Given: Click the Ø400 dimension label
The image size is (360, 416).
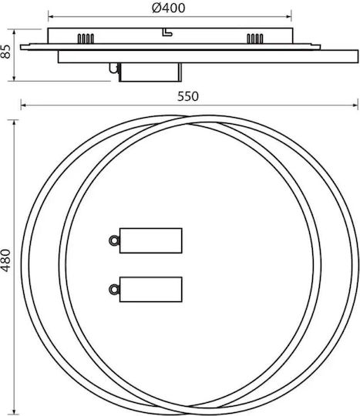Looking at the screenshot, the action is click(x=168, y=8).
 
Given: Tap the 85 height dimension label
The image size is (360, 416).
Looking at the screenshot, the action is click(x=5, y=52).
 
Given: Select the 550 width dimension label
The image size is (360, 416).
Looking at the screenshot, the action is click(x=187, y=96).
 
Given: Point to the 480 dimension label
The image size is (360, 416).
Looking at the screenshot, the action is click(x=5, y=260).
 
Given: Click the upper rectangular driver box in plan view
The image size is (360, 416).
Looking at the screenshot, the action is click(x=151, y=240).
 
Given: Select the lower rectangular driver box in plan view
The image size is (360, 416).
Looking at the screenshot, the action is click(x=151, y=290).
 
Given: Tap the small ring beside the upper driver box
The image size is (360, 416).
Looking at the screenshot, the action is click(x=114, y=241).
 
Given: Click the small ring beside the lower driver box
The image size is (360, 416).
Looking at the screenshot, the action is click(x=114, y=289).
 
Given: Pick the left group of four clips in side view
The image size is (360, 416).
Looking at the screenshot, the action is click(x=86, y=39).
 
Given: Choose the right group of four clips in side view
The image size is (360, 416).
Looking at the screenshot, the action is click(x=255, y=39).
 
